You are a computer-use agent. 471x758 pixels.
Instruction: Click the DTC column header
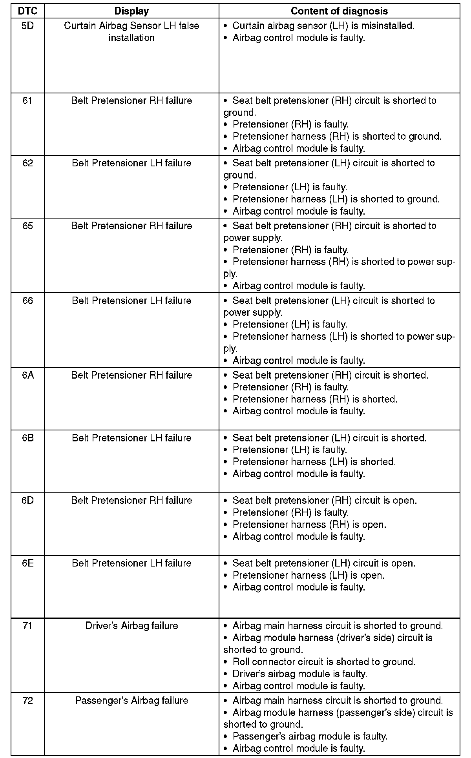pos(27,11)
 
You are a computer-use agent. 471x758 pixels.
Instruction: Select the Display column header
pos(131,11)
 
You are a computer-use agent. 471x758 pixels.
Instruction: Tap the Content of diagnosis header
pos(339,11)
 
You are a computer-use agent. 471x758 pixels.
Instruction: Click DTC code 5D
pos(27,26)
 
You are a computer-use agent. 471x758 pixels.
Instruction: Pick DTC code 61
pos(27,101)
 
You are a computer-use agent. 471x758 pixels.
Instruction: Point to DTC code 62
pos(27,163)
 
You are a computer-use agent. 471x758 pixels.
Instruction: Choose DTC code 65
pos(27,226)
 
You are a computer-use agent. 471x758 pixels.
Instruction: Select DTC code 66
pos(27,301)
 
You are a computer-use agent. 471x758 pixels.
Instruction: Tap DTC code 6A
pos(27,375)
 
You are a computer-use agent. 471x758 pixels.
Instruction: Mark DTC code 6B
pos(27,438)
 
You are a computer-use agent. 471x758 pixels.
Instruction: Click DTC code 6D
pos(27,501)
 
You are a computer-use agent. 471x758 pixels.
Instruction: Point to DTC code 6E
pos(27,563)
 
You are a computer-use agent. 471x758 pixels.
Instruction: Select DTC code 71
pos(27,626)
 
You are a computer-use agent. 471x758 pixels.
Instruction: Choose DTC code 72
pos(27,701)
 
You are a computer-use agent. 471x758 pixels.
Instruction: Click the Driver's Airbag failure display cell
pos(131,626)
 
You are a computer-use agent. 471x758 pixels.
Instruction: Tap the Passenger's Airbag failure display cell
pos(131,701)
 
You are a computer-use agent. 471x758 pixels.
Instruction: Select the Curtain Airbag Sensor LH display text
pos(131,32)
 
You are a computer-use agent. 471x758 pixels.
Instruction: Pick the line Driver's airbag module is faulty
pos(299,674)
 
